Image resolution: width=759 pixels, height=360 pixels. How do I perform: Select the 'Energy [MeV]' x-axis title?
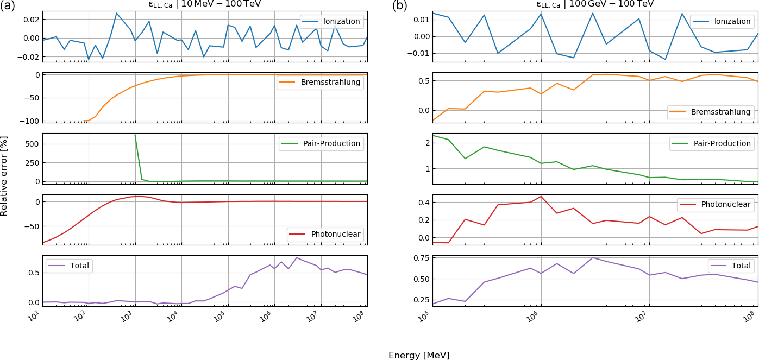(x=419, y=356)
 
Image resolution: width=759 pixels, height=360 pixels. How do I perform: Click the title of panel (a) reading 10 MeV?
(x=204, y=4)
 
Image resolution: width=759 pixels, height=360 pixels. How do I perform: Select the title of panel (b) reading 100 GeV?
(x=595, y=4)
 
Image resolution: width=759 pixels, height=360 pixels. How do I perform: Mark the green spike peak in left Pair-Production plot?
(x=135, y=135)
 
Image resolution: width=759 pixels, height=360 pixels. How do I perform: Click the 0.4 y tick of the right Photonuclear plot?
(x=423, y=203)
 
